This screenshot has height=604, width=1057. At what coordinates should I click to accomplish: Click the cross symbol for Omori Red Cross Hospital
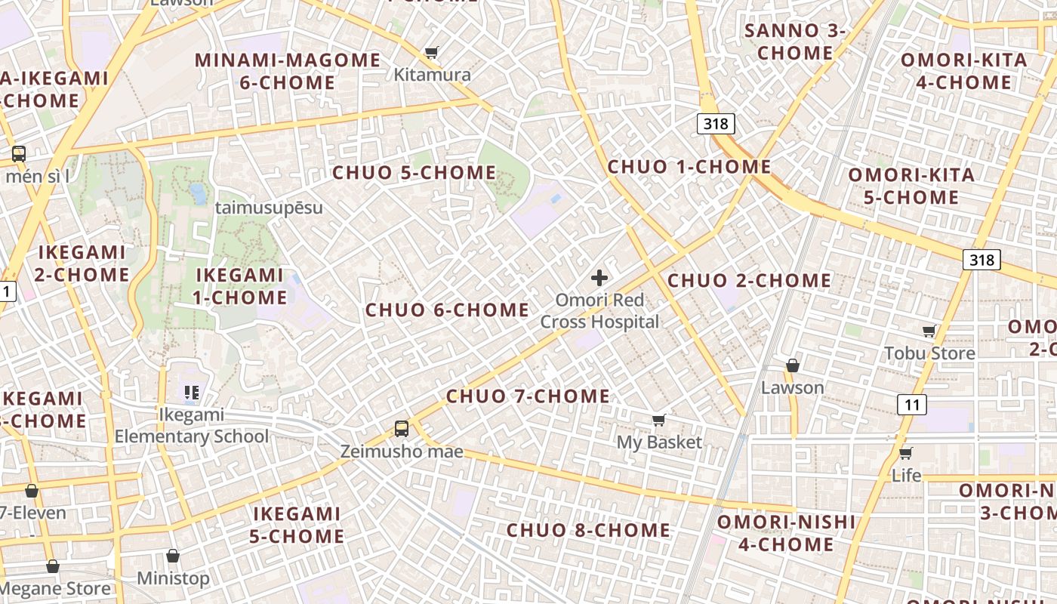click(x=599, y=278)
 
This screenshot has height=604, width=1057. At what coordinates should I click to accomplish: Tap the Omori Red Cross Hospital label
click(x=599, y=311)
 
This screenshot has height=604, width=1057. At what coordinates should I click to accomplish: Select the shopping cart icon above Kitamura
click(x=431, y=52)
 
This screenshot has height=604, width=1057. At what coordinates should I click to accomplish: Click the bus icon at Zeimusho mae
click(x=402, y=429)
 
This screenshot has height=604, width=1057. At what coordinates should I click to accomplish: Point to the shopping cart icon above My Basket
click(x=659, y=420)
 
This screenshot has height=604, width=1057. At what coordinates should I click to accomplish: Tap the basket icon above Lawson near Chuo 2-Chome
click(x=792, y=365)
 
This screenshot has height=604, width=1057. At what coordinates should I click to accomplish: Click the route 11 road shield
click(x=912, y=405)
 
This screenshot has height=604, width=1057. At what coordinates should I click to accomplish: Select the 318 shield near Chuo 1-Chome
click(x=715, y=123)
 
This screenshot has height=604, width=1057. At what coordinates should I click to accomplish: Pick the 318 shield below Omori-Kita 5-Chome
click(x=981, y=260)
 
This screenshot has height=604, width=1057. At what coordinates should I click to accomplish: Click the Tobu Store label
click(x=929, y=353)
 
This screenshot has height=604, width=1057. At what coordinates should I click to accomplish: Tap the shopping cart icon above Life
click(x=905, y=453)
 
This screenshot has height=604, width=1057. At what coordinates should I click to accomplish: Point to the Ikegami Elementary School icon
click(x=191, y=392)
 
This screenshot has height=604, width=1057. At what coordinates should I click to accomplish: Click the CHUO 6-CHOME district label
click(x=448, y=310)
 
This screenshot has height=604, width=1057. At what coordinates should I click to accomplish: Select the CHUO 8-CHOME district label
click(x=588, y=530)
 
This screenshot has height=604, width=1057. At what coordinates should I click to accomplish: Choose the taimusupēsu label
click(x=269, y=208)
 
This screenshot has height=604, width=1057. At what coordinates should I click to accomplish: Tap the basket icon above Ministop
click(x=173, y=556)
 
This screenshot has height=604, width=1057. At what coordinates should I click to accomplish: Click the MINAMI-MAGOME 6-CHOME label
click(x=288, y=71)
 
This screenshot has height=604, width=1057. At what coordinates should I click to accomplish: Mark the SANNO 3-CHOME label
click(x=795, y=42)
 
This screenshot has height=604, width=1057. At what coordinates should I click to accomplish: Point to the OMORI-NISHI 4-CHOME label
click(x=786, y=532)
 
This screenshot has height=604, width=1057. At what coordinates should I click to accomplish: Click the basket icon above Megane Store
click(x=53, y=565)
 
